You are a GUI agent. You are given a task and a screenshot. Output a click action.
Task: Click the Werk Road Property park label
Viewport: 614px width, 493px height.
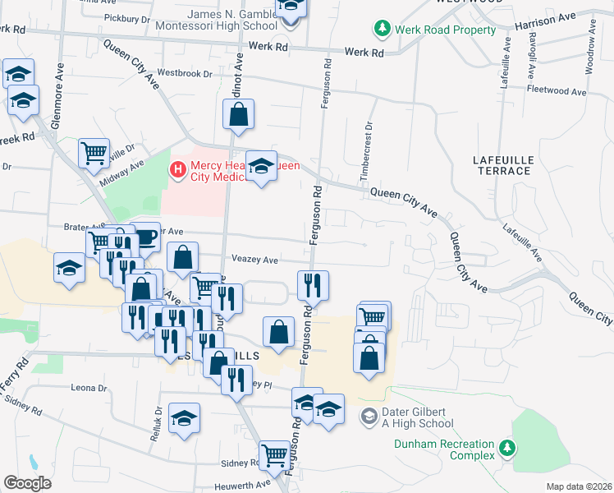[445, 30]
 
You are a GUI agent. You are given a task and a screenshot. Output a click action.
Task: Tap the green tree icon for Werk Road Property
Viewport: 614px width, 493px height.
[382, 30]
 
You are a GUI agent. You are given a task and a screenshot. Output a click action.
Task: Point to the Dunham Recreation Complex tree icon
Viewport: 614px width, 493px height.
[508, 448]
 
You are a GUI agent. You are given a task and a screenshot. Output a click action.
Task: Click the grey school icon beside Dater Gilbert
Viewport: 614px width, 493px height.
[370, 417]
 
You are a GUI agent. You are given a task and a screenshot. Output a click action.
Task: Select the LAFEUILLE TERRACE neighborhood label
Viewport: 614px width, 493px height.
[503, 164]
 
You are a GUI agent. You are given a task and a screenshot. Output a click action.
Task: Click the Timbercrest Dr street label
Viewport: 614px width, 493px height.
[367, 153]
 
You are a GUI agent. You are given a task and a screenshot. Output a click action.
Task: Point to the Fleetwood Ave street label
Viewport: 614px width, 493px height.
[555, 89]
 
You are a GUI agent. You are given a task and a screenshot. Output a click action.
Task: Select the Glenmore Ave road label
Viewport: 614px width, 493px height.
[59, 85]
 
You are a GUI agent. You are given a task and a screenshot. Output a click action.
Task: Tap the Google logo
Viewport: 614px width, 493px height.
[27, 483]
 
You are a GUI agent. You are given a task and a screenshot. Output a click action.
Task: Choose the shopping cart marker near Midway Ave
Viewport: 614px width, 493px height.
[94, 152]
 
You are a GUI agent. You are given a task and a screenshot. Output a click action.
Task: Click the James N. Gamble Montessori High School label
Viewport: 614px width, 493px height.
[233, 20]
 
